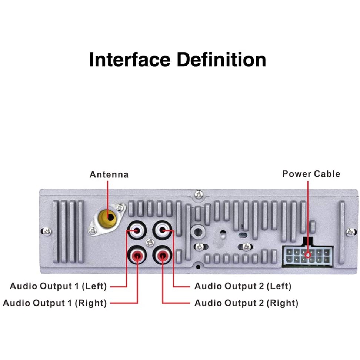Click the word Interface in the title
[130, 60]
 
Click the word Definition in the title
[221, 60]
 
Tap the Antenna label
[109, 174]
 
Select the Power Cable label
[311, 174]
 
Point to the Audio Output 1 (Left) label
[58, 286]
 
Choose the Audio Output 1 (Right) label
[55, 303]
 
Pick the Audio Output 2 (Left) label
[243, 286]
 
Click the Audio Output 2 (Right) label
[246, 303]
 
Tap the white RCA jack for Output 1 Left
[137, 230]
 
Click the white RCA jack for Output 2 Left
[162, 230]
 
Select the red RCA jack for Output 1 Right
[137, 255]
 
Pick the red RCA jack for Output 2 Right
[162, 255]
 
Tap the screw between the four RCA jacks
[150, 242]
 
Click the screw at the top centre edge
[199, 194]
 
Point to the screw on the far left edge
[47, 231]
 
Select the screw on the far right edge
[351, 232]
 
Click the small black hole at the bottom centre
[198, 267]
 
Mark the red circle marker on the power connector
[308, 255]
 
